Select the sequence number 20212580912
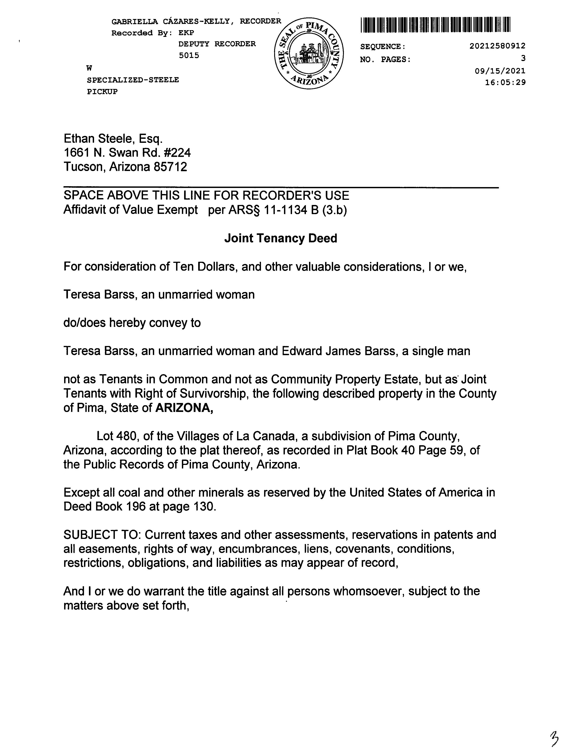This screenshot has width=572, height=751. click(x=497, y=46)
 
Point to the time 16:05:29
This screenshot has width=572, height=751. click(x=505, y=82)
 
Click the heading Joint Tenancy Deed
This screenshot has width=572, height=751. click(x=281, y=238)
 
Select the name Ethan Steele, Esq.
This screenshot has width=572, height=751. click(x=113, y=139)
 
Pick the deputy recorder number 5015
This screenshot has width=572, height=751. click(x=189, y=55)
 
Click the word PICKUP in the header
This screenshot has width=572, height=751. click(x=102, y=92)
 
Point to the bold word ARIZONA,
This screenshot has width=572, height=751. click(x=184, y=408)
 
